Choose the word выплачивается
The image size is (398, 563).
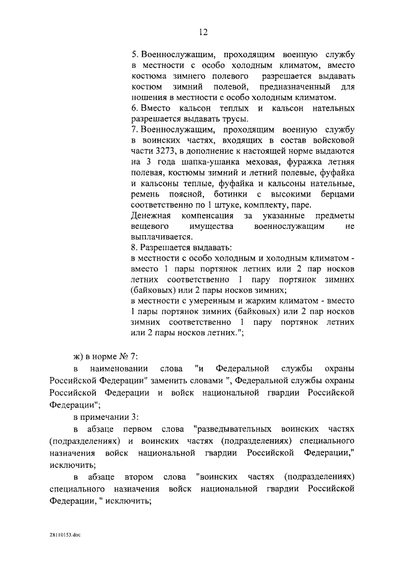pyautogui.click(x=161, y=238)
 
